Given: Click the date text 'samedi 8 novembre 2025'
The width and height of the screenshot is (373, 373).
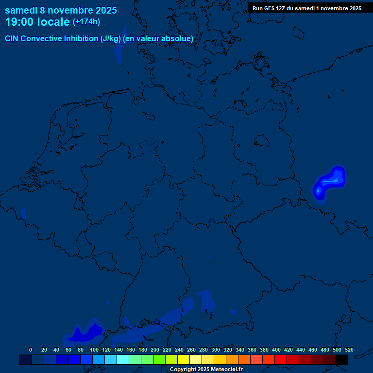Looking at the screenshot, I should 61,10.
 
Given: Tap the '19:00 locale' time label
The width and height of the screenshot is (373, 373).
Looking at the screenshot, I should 37,22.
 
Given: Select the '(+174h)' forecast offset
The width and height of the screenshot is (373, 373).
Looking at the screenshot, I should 86,22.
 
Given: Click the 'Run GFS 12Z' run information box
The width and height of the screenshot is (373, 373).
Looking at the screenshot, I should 306,8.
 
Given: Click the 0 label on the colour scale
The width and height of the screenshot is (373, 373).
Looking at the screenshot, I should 31,350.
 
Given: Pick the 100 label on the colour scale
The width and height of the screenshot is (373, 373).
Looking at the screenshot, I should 94,350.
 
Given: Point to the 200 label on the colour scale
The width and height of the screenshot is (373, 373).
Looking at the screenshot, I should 155,350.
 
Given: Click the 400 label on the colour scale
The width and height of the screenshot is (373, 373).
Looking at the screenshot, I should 276,350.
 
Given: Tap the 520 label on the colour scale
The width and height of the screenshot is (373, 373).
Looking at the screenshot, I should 349,350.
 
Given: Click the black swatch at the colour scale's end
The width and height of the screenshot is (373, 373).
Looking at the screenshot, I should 341,359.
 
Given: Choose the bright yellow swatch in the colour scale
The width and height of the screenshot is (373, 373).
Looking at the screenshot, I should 184,359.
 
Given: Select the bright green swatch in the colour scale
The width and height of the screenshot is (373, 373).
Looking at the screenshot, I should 159,359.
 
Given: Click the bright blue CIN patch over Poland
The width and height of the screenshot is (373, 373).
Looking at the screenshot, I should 330,181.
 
